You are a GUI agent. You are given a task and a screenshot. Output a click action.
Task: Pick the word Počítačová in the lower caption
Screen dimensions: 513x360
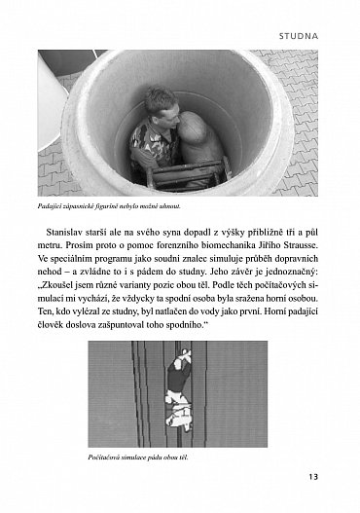[x=108, y=455]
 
